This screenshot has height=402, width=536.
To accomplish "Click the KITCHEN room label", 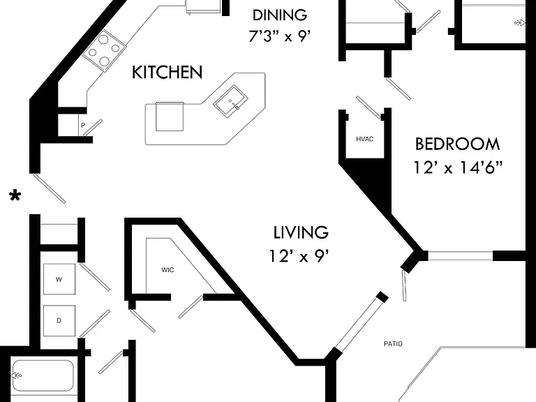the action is (x=167, y=72).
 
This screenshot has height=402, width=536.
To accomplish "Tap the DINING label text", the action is (x=280, y=15).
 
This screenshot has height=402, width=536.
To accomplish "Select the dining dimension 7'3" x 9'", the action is (x=280, y=36).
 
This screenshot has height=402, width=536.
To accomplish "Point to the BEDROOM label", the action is (x=457, y=144).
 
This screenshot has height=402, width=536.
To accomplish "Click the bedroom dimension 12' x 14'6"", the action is (x=458, y=167).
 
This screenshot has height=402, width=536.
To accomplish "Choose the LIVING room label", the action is (x=301, y=232).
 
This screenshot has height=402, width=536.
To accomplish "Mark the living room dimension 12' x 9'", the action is (x=299, y=255).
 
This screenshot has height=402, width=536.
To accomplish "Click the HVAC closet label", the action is (x=365, y=139).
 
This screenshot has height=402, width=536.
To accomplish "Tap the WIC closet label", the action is (x=167, y=270).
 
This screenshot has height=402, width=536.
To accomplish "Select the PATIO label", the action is (x=393, y=344).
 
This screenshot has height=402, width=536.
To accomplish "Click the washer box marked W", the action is (x=59, y=279).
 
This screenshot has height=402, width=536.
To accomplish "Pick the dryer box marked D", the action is (x=59, y=320).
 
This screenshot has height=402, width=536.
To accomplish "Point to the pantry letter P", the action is (x=83, y=126).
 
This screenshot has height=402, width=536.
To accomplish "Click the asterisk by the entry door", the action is (x=15, y=196).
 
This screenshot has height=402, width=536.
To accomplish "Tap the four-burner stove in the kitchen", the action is (x=103, y=50).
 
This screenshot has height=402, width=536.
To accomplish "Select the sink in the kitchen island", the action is (x=231, y=101).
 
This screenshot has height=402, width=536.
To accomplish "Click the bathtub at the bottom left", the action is (x=43, y=375).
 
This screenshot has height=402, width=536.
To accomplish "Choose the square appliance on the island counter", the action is (x=170, y=117).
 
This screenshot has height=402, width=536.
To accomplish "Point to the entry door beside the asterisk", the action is (x=49, y=188).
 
